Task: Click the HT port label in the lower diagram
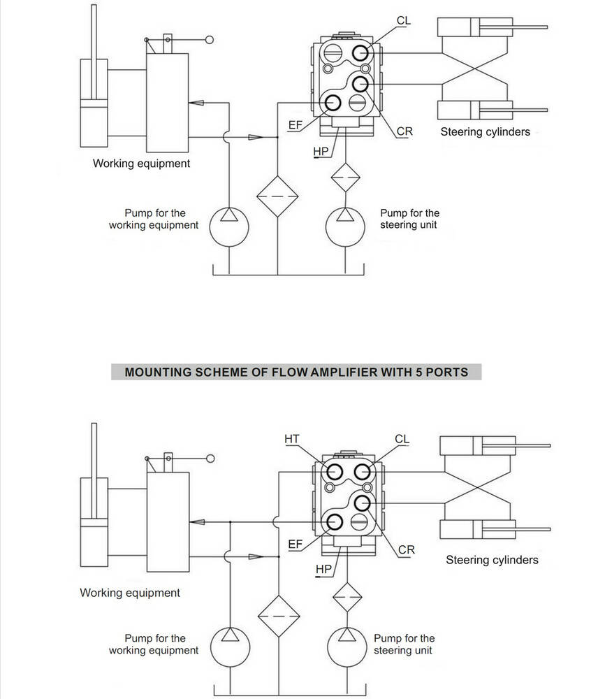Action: point(292,439)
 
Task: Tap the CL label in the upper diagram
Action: point(404,20)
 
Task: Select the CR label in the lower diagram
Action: point(406,550)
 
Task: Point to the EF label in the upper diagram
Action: point(295,125)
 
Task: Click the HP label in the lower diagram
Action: point(323,569)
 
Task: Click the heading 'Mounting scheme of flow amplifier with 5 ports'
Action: point(296,373)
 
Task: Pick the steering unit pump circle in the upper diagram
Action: point(345,227)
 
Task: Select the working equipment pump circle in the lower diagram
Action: point(230,647)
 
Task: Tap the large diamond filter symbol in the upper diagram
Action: point(277,196)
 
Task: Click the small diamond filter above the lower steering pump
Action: point(347,597)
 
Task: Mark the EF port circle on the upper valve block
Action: point(333,103)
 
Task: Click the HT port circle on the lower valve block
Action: point(334,472)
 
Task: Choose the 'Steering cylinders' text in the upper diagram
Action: point(486,132)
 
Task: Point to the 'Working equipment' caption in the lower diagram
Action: point(130,593)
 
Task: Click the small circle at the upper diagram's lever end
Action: point(209,40)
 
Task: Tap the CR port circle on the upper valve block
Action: point(360,84)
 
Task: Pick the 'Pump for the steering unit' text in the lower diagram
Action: point(404,644)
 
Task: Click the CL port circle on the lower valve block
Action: point(362,472)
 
